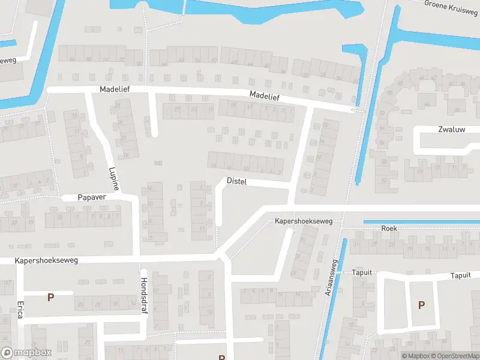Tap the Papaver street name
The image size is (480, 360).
point(91,197)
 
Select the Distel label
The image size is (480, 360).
point(238,181)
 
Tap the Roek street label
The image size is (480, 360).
point(389,229)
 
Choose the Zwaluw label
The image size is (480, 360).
point(452,129)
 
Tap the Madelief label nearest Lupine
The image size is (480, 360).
point(115,89)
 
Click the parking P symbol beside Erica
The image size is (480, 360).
point(51,296)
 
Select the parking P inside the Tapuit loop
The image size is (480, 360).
point(421,305)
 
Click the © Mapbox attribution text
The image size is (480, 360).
point(415,356)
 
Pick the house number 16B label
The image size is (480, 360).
point(158,163)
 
